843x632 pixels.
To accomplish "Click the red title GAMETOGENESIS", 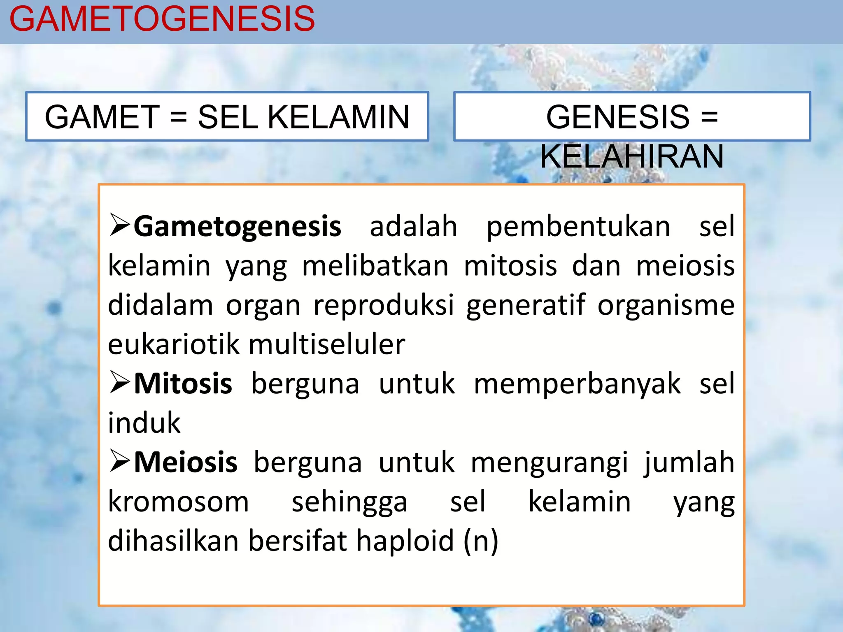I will click(162, 19).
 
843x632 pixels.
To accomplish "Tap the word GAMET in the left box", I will click(102, 117).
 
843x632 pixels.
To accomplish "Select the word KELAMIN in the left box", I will click(338, 117).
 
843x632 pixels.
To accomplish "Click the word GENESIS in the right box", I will click(617, 117).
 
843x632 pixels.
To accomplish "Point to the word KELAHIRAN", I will click(631, 156).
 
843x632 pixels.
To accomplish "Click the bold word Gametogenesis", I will click(238, 226).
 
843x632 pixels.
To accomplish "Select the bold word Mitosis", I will click(183, 383).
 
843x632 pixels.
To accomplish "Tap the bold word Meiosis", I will click(186, 462).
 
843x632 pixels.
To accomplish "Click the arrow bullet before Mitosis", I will click(120, 383).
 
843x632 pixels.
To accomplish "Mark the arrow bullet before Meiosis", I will click(120, 461).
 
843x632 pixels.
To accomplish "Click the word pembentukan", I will click(578, 226).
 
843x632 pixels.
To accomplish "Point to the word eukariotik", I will click(173, 344).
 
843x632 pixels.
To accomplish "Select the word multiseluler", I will click(327, 344).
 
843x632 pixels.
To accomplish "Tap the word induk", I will click(144, 423).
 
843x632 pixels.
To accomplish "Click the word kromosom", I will click(178, 502).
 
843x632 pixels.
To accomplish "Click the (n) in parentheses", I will click(481, 541).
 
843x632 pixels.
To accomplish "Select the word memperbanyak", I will click(577, 383).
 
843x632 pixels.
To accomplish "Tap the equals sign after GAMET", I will click(179, 117).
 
